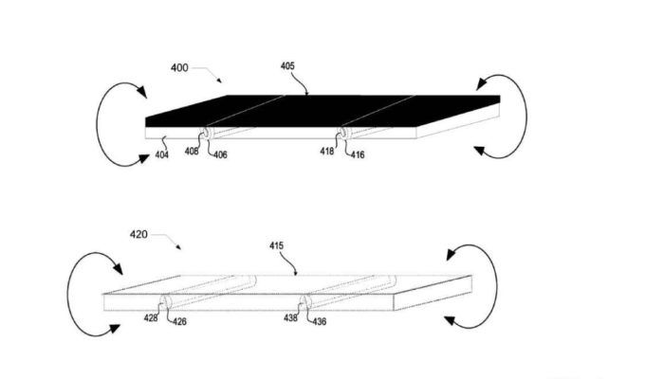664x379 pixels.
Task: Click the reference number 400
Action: click(x=179, y=67)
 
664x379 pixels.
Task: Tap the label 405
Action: click(x=287, y=66)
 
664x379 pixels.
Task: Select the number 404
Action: click(x=162, y=154)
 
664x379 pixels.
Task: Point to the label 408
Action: click(x=192, y=151)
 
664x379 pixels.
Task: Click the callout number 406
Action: click(x=220, y=155)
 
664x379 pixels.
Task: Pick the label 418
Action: click(x=327, y=151)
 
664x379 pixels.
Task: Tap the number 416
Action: click(x=358, y=155)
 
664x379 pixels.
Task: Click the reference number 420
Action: click(x=138, y=234)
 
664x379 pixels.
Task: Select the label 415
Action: click(x=277, y=245)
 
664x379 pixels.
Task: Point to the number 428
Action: click(x=151, y=318)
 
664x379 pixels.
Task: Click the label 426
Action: click(x=179, y=322)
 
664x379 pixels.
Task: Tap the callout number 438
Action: click(x=290, y=317)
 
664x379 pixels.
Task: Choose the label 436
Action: click(x=320, y=322)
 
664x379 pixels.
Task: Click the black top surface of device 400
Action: click(x=322, y=111)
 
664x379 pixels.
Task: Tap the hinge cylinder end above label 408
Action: click(x=207, y=133)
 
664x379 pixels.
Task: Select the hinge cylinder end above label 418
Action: click(x=343, y=133)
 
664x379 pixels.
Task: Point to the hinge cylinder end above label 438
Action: click(x=304, y=302)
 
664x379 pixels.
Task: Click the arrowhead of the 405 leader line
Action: click(x=307, y=93)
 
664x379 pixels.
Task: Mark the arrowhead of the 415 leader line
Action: click(x=296, y=273)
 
